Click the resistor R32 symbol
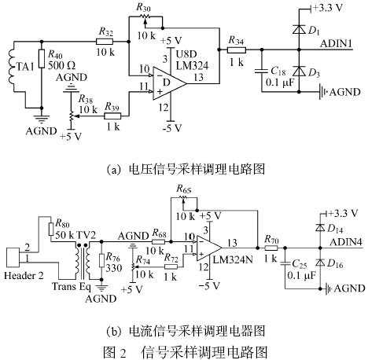pos(105,42)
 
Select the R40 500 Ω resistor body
pos(42,59)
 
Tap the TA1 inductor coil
pos(12,66)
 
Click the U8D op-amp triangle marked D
pos(170,83)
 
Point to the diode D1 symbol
pos(299,29)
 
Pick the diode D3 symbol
pos(299,71)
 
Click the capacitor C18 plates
pos(262,71)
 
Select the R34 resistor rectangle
pos(237,50)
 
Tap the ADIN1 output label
pos(336,43)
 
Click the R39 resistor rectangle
pos(112,116)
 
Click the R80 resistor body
pos(50,229)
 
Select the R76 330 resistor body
pos(102,261)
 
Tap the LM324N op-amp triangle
pos(209,248)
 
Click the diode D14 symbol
pos(320,228)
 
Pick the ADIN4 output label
pos(346,242)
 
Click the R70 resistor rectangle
pos(271,248)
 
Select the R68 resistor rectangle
pos(159,241)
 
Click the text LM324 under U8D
pos(192,65)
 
